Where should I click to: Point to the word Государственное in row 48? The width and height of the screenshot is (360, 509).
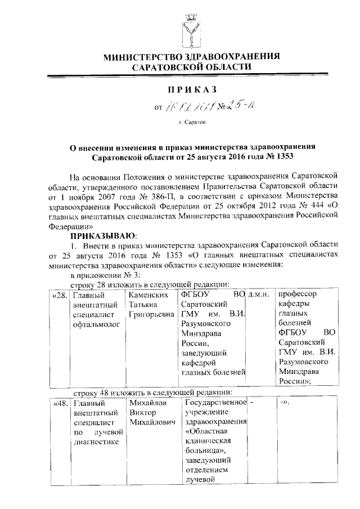point(216,403)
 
